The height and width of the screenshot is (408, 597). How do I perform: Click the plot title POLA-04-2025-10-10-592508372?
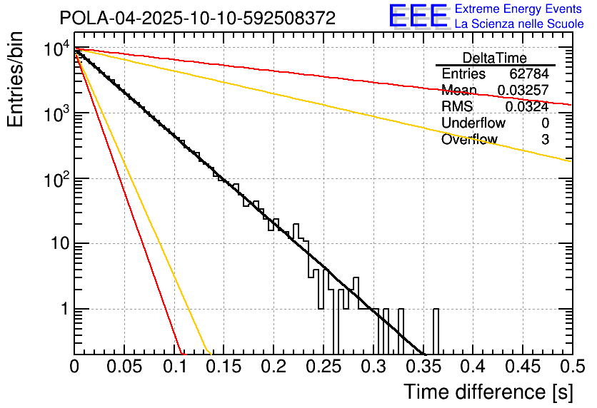(197, 18)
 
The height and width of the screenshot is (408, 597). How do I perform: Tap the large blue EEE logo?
(418, 16)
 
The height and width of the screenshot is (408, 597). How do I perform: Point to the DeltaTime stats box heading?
(494, 58)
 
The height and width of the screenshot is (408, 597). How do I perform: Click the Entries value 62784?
(529, 74)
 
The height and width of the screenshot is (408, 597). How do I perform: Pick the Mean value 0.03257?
(523, 91)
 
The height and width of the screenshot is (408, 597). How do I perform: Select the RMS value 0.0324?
(527, 107)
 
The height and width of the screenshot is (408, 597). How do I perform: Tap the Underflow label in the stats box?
(473, 123)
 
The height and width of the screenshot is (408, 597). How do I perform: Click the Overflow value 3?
(545, 140)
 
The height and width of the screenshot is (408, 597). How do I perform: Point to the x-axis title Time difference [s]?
(488, 392)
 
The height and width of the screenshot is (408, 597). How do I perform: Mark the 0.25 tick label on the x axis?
(323, 367)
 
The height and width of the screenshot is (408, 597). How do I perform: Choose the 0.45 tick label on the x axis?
(523, 367)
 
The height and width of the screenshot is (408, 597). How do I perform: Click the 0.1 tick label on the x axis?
(174, 367)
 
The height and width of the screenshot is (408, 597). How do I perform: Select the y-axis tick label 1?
(62, 310)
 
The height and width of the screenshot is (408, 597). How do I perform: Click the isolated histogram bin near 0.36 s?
(436, 331)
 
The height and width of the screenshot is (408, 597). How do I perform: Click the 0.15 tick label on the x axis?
(224, 367)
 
